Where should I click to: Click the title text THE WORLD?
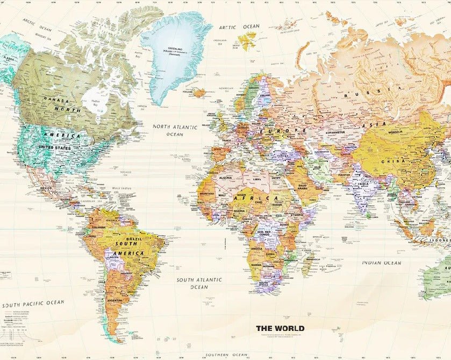pos(280,328)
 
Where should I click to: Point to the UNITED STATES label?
pos(54,147)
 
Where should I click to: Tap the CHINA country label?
pos(390,161)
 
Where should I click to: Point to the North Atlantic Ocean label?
pos(175,130)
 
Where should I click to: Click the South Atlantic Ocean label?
pos(199,283)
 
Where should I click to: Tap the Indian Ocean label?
pos(381,263)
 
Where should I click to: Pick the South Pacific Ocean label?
pos(32,303)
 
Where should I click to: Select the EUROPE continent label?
pos(283,131)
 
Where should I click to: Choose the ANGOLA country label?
pos(257,249)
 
